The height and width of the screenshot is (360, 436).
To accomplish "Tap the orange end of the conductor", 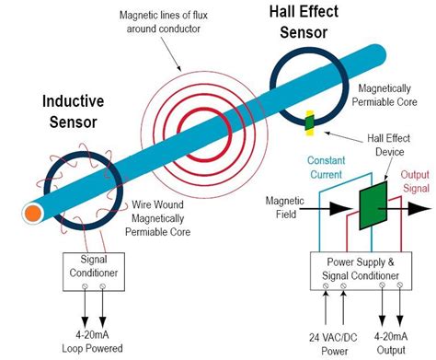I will tap(31, 214).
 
